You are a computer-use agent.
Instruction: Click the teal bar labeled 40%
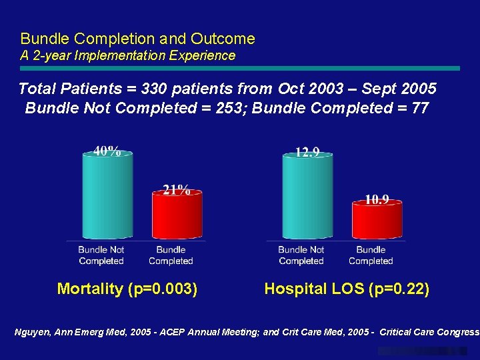(x=107, y=197)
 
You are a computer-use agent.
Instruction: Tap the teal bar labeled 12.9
(x=307, y=197)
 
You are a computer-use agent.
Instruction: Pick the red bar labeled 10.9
(x=377, y=220)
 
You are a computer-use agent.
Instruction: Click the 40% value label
(x=107, y=151)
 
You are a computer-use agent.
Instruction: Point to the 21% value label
(x=177, y=190)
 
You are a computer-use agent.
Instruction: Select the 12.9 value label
(x=307, y=152)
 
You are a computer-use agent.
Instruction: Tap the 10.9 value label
(x=377, y=199)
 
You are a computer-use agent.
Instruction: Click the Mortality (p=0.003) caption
(x=127, y=289)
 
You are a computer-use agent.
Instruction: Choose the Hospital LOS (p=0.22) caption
(x=347, y=289)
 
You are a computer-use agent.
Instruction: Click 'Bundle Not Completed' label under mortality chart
(x=101, y=255)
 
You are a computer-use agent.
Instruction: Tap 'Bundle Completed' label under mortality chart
(x=171, y=255)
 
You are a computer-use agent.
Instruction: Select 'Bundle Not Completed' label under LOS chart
(x=301, y=255)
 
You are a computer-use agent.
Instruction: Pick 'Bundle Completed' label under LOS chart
(x=371, y=255)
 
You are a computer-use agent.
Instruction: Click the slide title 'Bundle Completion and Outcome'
(x=137, y=39)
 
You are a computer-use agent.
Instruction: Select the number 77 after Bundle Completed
(x=420, y=107)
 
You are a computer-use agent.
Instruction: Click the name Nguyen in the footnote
(x=33, y=332)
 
